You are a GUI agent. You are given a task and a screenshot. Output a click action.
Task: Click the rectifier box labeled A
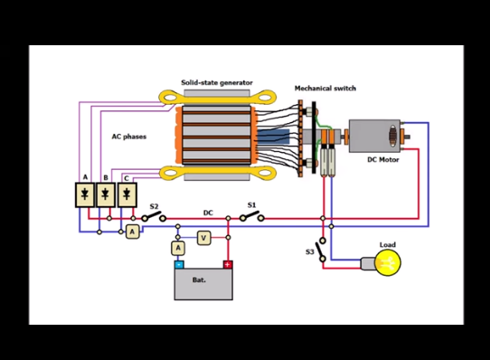(85, 194)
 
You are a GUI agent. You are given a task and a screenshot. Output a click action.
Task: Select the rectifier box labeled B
(106, 194)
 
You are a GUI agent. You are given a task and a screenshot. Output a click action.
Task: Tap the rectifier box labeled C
(127, 194)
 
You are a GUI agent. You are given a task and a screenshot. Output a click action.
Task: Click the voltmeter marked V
(203, 238)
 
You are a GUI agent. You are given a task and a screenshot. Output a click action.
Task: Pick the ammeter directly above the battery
(178, 249)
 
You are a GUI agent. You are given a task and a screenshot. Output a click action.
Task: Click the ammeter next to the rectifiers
(133, 232)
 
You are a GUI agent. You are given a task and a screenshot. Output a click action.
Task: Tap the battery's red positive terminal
(228, 265)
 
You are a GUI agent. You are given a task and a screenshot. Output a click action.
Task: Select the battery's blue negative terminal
(179, 265)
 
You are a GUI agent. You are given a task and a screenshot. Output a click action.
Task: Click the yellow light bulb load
(388, 262)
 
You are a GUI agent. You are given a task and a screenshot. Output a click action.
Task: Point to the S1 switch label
(251, 205)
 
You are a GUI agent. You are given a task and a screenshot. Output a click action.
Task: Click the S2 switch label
(154, 206)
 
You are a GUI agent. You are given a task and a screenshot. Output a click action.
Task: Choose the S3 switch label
(310, 251)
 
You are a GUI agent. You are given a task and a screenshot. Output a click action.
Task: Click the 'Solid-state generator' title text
(217, 82)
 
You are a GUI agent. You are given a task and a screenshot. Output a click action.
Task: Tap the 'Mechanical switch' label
(325, 89)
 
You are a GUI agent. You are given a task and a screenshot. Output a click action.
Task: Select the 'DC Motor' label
(383, 159)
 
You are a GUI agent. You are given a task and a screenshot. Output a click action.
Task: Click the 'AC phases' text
(129, 137)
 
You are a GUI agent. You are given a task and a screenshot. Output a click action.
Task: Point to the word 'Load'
(388, 244)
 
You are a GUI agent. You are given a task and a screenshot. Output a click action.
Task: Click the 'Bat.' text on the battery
(199, 279)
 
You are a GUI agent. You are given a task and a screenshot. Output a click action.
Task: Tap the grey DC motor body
(374, 136)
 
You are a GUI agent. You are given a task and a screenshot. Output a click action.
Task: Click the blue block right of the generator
(273, 137)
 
